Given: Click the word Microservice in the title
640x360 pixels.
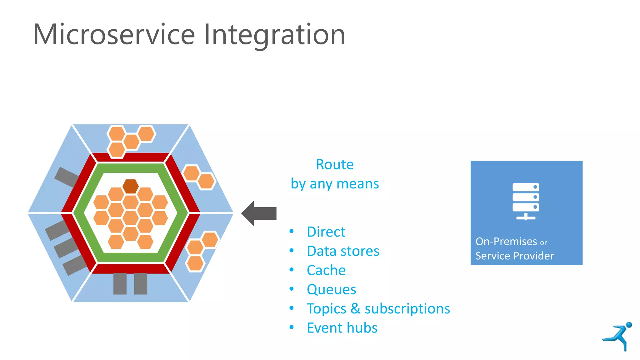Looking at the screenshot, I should click(x=114, y=34).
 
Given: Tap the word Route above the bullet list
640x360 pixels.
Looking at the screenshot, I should click(x=334, y=164).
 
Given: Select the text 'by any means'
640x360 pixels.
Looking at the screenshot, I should click(x=334, y=184).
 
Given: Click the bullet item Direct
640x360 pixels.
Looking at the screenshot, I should click(x=326, y=232).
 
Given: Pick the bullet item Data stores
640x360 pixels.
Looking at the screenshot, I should click(x=343, y=251).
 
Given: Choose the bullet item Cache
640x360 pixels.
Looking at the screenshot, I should click(x=326, y=270).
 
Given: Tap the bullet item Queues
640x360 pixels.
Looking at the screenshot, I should click(x=331, y=290).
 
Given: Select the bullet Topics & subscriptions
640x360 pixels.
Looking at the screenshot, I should click(x=378, y=309).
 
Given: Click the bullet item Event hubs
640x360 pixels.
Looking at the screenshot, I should click(x=342, y=328).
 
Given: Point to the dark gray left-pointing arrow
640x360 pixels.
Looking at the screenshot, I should click(x=259, y=213).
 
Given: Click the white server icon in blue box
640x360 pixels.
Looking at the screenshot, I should click(x=526, y=201).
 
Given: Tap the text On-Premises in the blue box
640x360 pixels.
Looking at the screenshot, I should click(x=506, y=242).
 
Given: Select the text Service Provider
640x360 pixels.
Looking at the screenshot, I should click(x=514, y=256).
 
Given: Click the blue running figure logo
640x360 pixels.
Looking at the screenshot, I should click(x=618, y=336).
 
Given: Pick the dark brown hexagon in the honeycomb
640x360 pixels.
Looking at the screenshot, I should click(x=130, y=186).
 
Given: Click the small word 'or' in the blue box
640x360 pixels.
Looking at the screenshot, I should click(x=543, y=243).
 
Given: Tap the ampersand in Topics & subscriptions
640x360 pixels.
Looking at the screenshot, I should click(x=355, y=309).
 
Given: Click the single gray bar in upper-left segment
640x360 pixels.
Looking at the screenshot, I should click(x=67, y=177).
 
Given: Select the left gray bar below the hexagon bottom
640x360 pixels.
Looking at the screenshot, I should click(x=120, y=284).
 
